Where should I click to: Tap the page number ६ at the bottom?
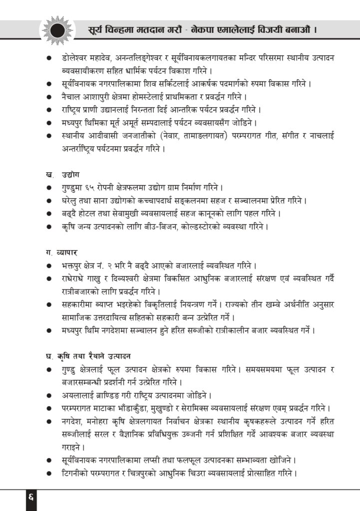point(30,498)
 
